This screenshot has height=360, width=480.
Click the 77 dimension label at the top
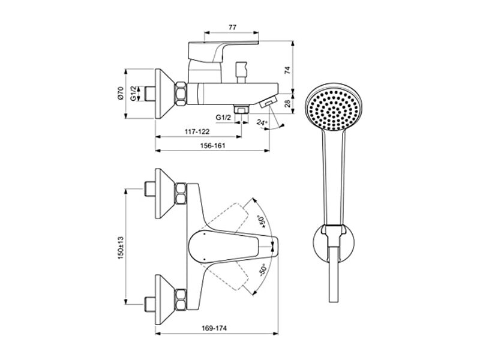pos(232,27)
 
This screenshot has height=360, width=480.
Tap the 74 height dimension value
pos(287,70)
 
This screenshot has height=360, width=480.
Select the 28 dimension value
pos(287,103)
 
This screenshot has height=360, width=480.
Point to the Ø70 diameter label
pos(121,93)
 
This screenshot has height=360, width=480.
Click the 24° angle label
pos(262,122)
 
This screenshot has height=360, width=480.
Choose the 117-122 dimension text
pos(197,131)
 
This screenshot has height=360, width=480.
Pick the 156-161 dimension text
pos(212,146)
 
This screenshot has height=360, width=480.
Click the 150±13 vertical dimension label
pos(121,248)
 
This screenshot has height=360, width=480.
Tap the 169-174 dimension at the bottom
pos(214,328)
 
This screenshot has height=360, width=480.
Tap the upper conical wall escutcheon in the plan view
pos(165,193)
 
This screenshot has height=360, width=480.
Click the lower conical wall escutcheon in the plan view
pos(165,299)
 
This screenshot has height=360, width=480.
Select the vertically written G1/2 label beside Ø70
pos(133,94)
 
